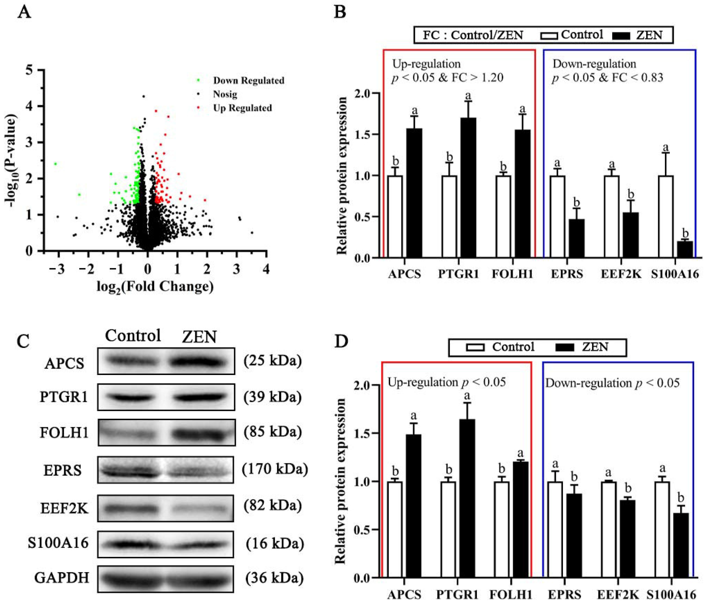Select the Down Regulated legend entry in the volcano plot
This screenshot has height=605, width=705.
pos(248,81)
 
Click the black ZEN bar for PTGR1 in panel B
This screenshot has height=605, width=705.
pos(468,187)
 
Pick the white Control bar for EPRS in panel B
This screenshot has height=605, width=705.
pos(557,216)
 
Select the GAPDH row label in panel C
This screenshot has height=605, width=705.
pos(62,578)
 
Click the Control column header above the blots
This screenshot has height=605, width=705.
pos(133,336)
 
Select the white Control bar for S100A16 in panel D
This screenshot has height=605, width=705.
pos(662,530)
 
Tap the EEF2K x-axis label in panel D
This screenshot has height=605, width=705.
pos(618,595)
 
